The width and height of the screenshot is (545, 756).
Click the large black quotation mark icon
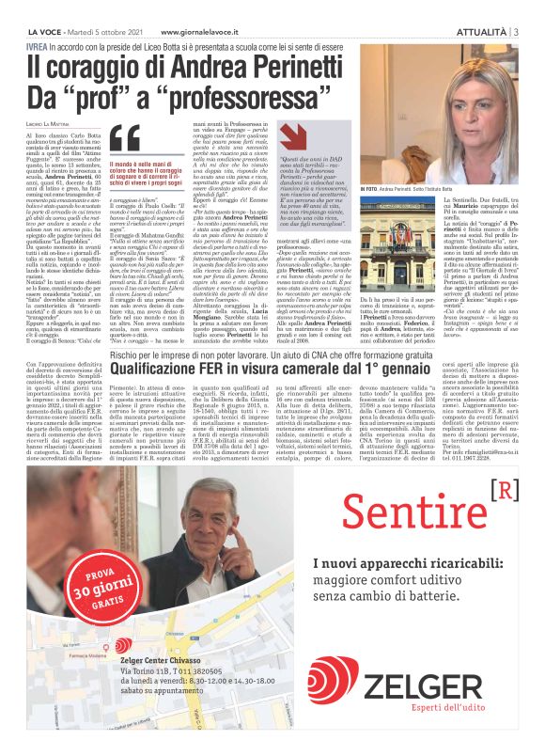coord(124,140)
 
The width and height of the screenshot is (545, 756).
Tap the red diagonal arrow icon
coord(300,138)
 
